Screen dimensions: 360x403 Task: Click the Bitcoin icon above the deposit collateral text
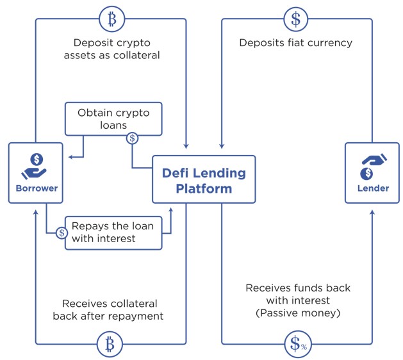113,19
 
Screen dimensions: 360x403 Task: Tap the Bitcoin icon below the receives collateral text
110,345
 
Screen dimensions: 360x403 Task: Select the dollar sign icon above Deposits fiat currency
296,19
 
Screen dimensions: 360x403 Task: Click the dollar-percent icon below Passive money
296,345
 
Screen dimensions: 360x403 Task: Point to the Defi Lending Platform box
203,179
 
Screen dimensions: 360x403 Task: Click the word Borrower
37,188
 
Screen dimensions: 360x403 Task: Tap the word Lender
373,188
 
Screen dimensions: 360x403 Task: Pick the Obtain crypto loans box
113,119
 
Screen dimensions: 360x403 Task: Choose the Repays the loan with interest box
113,232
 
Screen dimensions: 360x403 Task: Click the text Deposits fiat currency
295,44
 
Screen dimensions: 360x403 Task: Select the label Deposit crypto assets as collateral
113,49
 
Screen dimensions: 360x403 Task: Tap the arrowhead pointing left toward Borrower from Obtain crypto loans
70,155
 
